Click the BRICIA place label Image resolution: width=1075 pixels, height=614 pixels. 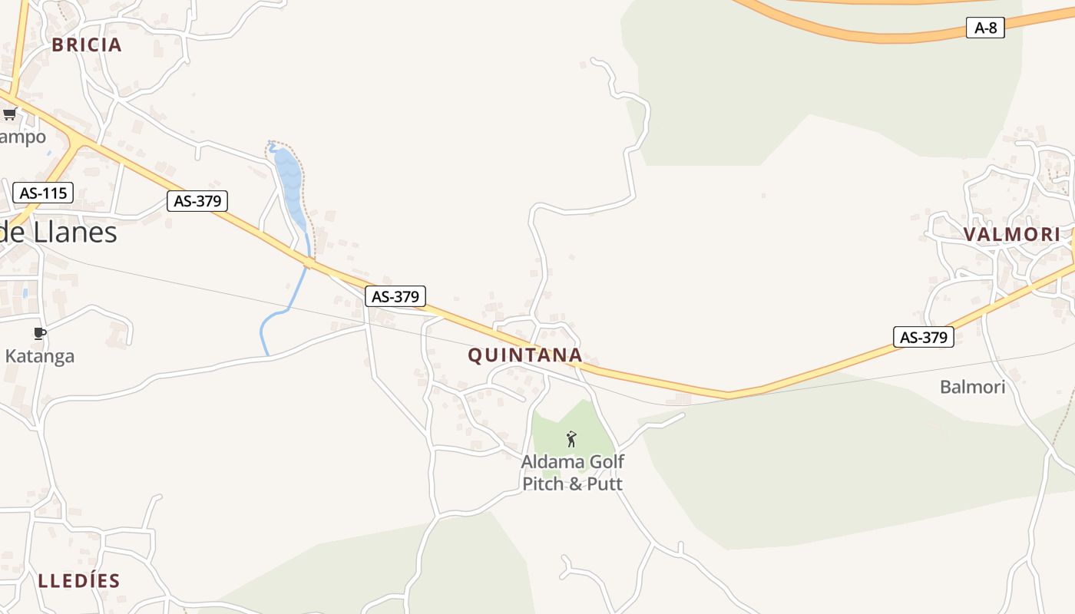(87, 45)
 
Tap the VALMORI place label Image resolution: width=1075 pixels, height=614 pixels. (1012, 234)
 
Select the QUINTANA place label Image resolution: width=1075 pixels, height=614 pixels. (524, 355)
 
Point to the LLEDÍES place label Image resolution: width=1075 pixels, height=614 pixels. (79, 580)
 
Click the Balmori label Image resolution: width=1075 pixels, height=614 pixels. (972, 387)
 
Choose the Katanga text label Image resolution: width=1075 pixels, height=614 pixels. (40, 356)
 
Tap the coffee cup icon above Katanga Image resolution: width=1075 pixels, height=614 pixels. (40, 333)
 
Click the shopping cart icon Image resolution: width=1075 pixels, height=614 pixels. (9, 114)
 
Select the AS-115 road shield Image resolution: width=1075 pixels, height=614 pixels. (43, 193)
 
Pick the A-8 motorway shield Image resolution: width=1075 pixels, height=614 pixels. (985, 28)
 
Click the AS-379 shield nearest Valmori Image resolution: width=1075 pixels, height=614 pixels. (923, 336)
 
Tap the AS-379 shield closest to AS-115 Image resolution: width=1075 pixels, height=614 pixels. (197, 201)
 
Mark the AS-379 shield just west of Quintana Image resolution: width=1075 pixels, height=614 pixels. (395, 296)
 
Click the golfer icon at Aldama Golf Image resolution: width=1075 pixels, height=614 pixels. (571, 439)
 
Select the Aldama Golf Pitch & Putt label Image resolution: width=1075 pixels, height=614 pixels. (572, 473)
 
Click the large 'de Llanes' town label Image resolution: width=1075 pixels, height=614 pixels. (58, 232)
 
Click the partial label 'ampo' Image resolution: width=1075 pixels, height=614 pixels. (23, 137)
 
